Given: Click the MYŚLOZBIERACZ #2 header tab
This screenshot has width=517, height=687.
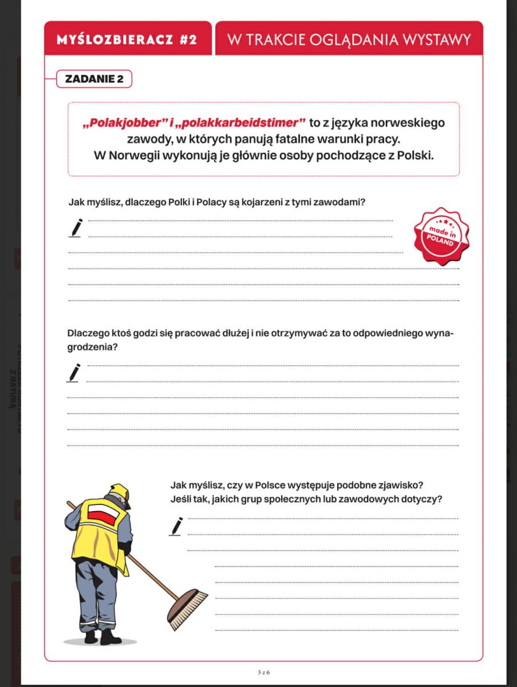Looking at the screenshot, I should (127, 40).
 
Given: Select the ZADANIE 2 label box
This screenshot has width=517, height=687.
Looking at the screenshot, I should (94, 79).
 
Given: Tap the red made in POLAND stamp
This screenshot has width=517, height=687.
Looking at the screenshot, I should (441, 236).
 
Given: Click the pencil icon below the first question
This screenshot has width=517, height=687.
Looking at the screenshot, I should (76, 227).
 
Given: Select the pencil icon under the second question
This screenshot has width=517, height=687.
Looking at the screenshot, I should (75, 372).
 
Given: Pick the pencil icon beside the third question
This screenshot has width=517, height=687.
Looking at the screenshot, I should (176, 526).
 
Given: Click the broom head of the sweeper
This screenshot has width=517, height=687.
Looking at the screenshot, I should (188, 608).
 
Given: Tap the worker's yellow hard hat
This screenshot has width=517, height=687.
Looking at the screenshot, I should (120, 492).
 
